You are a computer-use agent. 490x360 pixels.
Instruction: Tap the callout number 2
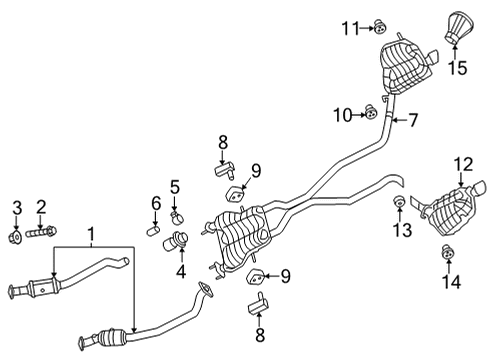click(x=42, y=207)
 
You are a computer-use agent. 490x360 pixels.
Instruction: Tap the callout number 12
click(x=462, y=163)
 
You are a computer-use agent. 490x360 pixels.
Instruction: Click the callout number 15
click(x=457, y=68)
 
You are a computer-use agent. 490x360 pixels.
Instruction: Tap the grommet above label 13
click(x=399, y=205)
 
